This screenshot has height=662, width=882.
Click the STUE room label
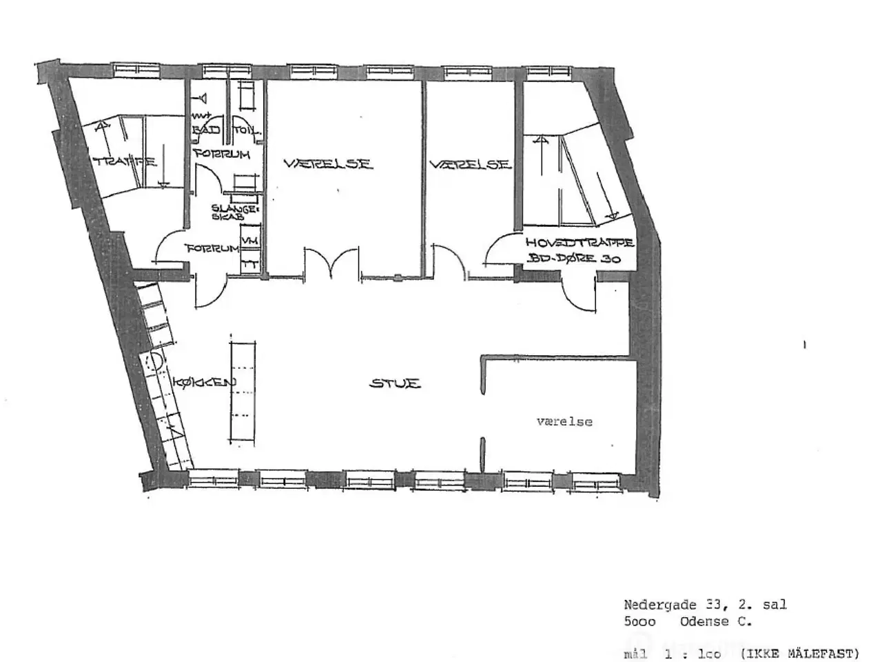pos(395,383)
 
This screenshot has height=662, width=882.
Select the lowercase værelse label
pos(564,421)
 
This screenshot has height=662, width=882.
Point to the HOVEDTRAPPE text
pos(579,243)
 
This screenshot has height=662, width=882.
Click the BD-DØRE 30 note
pos(574,260)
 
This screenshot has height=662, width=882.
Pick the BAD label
pos(207,130)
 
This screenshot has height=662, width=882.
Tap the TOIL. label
pos(245,130)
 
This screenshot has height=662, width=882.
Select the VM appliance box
pos(251,240)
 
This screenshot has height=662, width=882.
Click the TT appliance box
pos(251,263)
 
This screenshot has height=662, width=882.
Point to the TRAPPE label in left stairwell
pos(125,163)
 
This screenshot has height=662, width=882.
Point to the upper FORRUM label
pos(221,154)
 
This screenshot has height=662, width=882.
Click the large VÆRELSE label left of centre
pos(328,164)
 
